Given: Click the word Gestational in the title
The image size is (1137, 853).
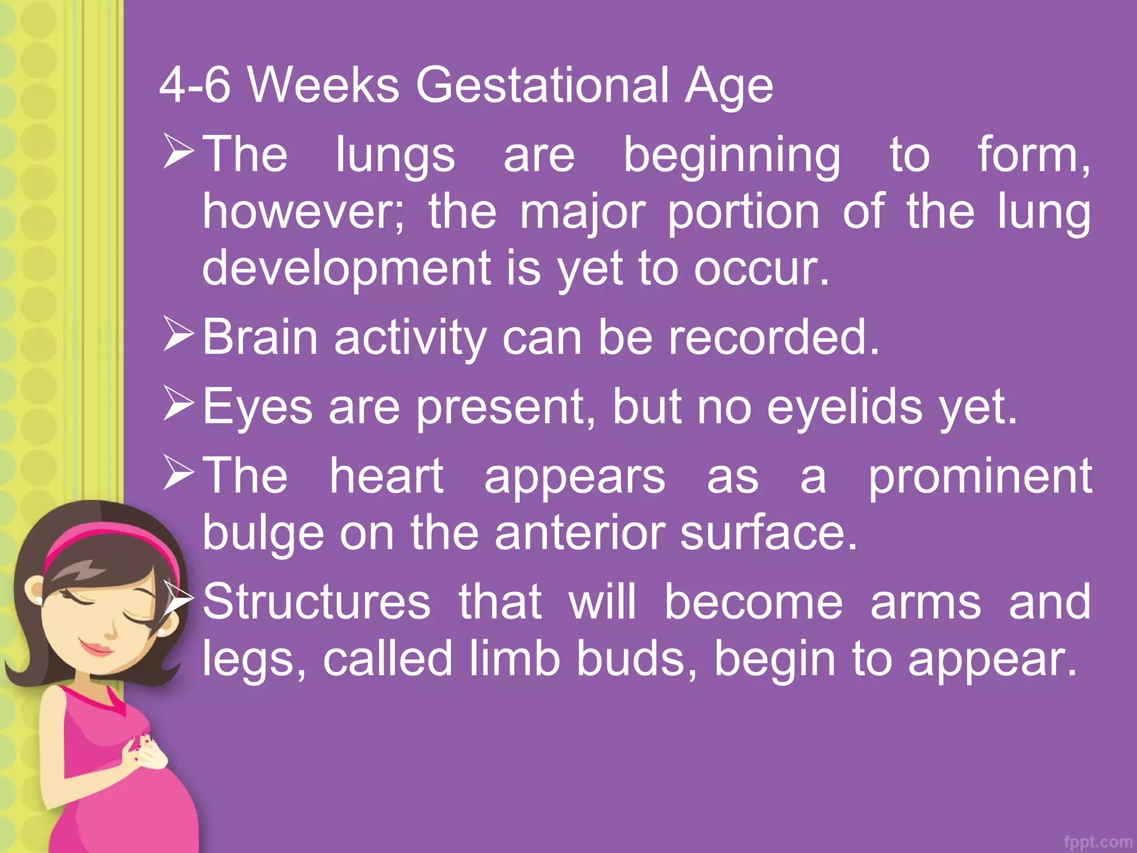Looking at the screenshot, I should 542,86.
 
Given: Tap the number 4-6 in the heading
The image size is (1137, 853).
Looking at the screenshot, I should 194,86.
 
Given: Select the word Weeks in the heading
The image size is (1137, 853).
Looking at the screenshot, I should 323,86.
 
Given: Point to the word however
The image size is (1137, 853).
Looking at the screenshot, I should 303,212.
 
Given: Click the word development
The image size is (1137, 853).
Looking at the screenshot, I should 347,269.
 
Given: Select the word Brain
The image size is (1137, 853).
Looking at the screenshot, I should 260,338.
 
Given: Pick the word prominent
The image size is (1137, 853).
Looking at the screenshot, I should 980,476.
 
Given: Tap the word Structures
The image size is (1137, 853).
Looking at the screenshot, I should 316,603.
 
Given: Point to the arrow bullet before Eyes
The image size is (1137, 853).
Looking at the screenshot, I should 178,404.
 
